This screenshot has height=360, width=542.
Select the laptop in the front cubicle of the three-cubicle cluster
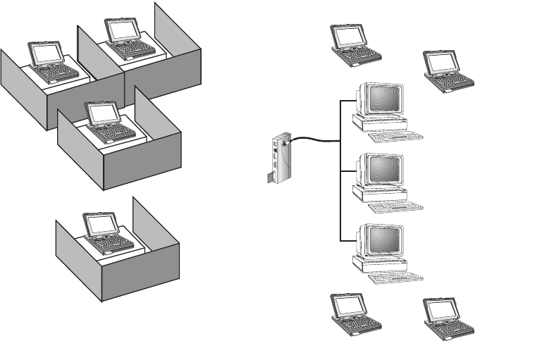point(102,123)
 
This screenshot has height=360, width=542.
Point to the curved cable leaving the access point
point(310,140)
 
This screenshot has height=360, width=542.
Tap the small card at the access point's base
point(270,178)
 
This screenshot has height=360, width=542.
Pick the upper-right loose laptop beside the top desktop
point(443,70)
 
